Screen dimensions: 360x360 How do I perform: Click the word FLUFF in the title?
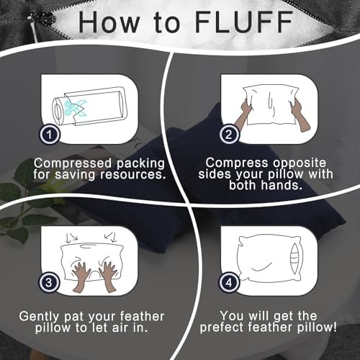[244, 22]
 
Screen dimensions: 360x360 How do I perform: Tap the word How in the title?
[109, 22]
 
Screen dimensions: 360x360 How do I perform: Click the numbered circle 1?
[50, 135]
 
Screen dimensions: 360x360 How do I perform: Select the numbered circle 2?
[229, 135]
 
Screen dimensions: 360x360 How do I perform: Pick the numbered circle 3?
[49, 282]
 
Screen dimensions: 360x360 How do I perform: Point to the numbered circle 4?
[229, 282]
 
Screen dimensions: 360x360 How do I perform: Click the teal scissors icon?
[75, 108]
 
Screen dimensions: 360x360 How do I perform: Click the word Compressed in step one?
[73, 164]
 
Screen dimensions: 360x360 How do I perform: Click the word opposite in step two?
[300, 163]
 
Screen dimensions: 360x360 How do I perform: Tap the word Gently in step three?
[39, 317]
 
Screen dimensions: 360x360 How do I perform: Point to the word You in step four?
[232, 316]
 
